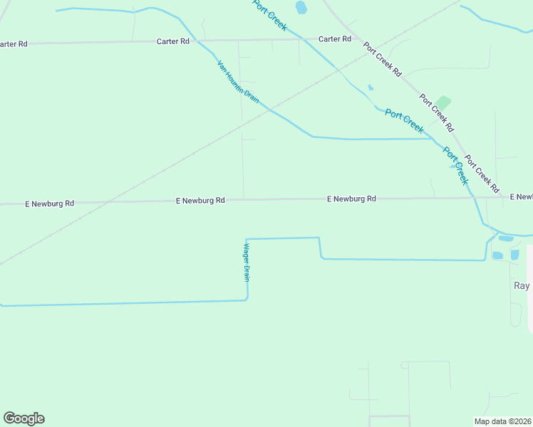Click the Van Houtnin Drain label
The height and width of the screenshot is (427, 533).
pyautogui.click(x=238, y=82)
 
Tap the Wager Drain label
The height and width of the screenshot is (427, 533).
pyautogui.click(x=247, y=262)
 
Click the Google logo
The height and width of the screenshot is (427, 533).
pyautogui.click(x=24, y=418)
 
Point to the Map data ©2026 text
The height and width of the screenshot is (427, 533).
pyautogui.click(x=502, y=421)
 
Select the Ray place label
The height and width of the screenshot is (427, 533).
pyautogui.click(x=522, y=285)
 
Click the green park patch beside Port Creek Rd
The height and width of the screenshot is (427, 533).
pyautogui.click(x=443, y=103)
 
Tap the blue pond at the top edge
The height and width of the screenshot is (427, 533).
pyautogui.click(x=301, y=8)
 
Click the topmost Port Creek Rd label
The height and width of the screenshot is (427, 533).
pyautogui.click(x=383, y=60)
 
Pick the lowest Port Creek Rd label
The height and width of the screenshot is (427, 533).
pyautogui.click(x=482, y=174)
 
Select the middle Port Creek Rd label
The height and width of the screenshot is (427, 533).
pyautogui.click(x=436, y=113)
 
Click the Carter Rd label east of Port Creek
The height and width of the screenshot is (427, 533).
pyautogui.click(x=335, y=39)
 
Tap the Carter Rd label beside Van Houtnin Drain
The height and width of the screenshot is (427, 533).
pyautogui.click(x=173, y=41)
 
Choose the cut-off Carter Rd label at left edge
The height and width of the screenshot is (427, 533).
pyautogui.click(x=13, y=44)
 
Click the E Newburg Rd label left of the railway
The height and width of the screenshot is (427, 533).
pyautogui.click(x=50, y=204)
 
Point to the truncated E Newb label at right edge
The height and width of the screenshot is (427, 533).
pyautogui.click(x=521, y=196)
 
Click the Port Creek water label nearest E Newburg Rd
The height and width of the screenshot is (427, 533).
pyautogui.click(x=455, y=165)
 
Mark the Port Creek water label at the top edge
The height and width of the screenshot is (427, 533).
pyautogui.click(x=270, y=15)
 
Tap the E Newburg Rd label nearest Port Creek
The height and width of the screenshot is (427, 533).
pyautogui.click(x=351, y=199)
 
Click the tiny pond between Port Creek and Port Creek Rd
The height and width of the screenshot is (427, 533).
pyautogui.click(x=370, y=88)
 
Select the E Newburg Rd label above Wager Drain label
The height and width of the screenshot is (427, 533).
pyautogui.click(x=200, y=201)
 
